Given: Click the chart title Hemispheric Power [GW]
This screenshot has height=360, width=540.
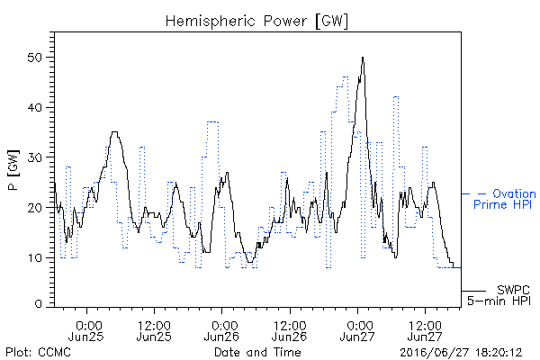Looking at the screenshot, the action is click(256, 22).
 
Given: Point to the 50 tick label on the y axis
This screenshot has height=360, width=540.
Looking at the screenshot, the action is click(35, 58).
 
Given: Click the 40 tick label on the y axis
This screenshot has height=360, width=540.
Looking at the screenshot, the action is click(35, 107).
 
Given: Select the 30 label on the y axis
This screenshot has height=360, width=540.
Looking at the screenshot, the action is click(35, 157).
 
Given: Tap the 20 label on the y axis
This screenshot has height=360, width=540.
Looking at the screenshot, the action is click(35, 208).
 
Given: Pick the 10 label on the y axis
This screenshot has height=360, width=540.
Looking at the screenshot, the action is click(35, 257).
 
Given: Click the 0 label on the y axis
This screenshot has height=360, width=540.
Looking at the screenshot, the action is click(39, 304).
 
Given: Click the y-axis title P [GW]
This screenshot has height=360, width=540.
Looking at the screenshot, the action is click(13, 170).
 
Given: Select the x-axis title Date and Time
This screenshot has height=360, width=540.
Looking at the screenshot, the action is click(257, 353).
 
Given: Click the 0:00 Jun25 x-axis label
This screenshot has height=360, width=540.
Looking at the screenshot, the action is click(86, 330).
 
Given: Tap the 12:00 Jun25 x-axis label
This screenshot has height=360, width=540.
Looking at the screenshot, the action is click(154, 330).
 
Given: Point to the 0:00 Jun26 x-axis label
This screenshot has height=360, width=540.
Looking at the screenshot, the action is click(221, 330).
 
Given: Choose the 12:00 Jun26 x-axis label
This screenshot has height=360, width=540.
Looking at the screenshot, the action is click(289, 330).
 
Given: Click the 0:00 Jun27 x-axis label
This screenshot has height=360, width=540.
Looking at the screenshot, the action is click(357, 330).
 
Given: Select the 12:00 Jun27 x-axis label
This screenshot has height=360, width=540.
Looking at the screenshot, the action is click(425, 330).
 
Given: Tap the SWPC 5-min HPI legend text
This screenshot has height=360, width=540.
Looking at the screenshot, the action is click(499, 295).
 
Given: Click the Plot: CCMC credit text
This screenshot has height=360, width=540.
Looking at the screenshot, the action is click(38, 353).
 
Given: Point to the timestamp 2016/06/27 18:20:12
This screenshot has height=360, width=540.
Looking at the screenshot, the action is click(461, 353).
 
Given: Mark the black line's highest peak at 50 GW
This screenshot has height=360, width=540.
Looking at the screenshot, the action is click(363, 58).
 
